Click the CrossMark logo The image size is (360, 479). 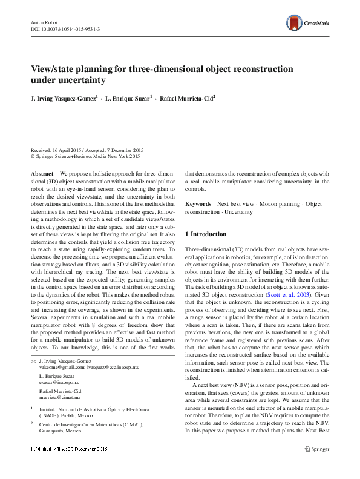[309, 24]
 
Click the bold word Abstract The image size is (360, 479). [42, 174]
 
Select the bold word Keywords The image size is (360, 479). [198, 204]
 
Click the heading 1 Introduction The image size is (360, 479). [206, 234]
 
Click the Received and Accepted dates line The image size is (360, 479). [88, 149]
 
